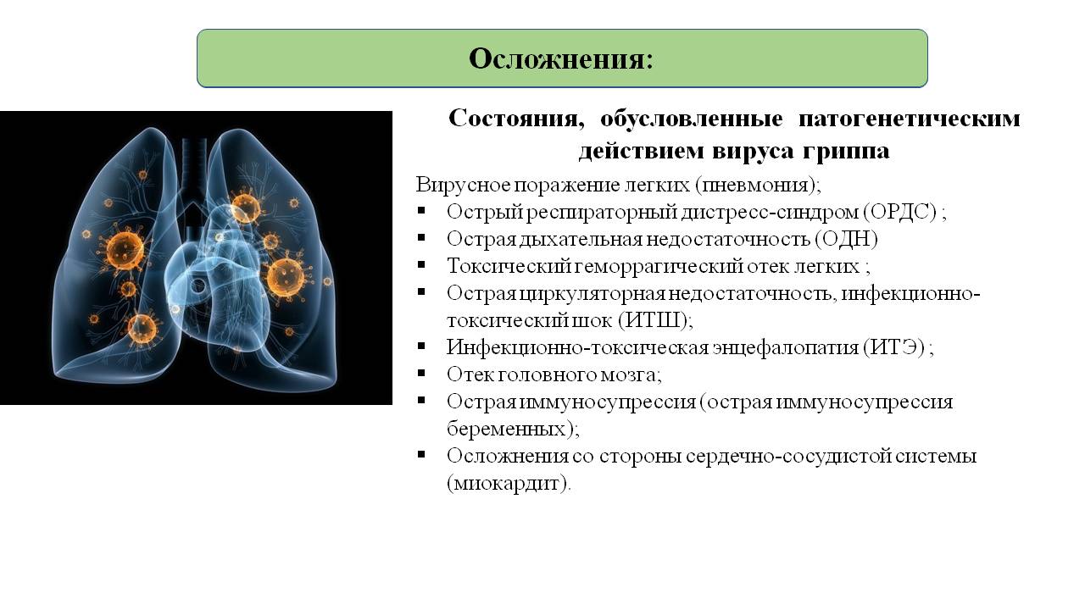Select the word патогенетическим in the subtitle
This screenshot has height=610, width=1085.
pos(910,119)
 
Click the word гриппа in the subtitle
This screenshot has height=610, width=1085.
pos(846,151)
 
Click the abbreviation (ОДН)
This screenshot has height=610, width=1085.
pos(846,239)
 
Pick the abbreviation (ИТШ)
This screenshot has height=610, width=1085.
pos(653,320)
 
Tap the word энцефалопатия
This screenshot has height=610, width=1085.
pos(785,348)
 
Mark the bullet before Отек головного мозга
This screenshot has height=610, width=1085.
pos(421,373)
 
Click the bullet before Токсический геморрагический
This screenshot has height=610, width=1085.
pos(421,264)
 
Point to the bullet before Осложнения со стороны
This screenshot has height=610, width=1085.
pos(421,454)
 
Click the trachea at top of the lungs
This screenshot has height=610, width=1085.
pos(194,169)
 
